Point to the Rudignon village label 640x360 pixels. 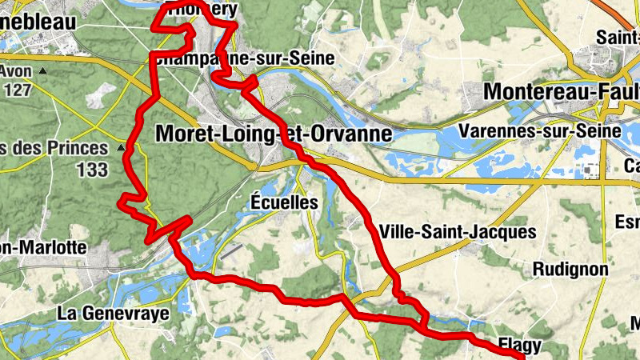[570, 269]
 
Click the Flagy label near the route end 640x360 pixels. [519, 346]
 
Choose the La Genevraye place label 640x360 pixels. [114, 313]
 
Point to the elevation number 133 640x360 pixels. [93, 170]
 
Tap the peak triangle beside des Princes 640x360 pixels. [122, 148]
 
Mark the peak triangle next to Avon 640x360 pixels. [43, 70]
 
